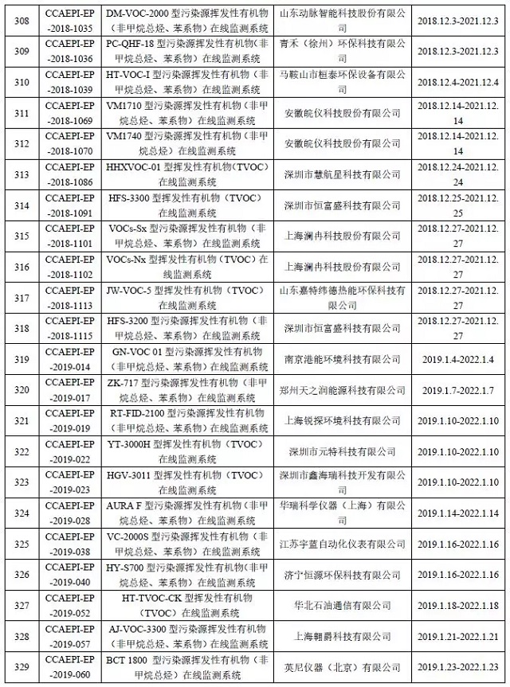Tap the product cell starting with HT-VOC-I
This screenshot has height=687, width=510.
[186, 80]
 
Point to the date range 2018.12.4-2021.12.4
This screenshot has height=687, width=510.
[458, 80]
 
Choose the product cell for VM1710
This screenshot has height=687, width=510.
[186, 112]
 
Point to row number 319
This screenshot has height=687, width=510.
[22, 359]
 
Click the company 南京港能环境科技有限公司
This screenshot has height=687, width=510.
[343, 359]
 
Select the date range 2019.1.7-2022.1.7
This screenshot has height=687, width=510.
[458, 390]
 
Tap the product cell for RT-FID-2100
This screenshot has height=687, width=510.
[186, 420]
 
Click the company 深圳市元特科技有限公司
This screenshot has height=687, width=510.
[343, 451]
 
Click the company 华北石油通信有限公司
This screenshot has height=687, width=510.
[343, 605]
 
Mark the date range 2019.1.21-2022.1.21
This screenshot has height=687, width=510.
[458, 636]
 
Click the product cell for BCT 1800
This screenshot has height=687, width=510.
[186, 667]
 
